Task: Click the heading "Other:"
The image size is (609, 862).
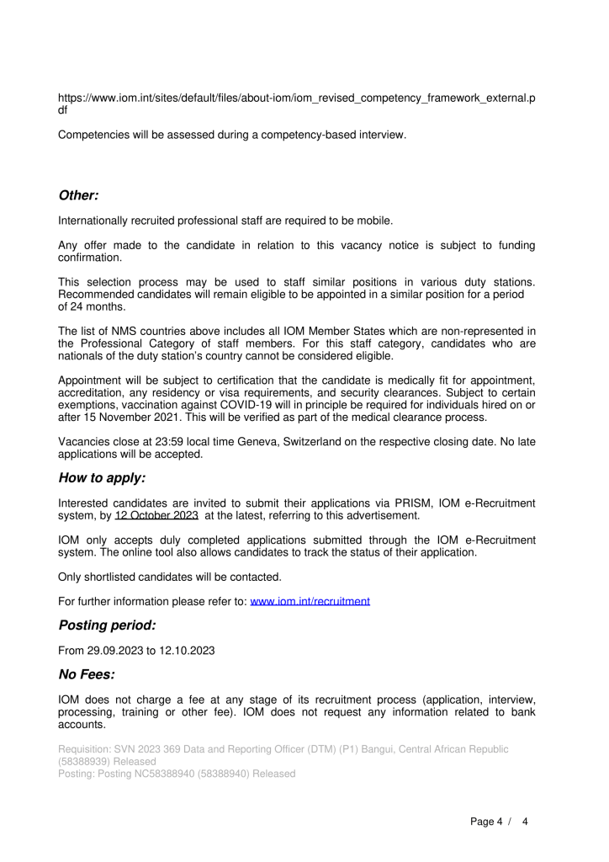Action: pos(78,195)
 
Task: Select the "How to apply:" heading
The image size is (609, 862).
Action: pos(102,478)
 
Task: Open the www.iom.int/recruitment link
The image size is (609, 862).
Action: pos(310,601)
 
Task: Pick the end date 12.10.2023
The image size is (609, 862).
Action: pos(188,650)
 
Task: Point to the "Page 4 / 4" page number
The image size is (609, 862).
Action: pos(499,822)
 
